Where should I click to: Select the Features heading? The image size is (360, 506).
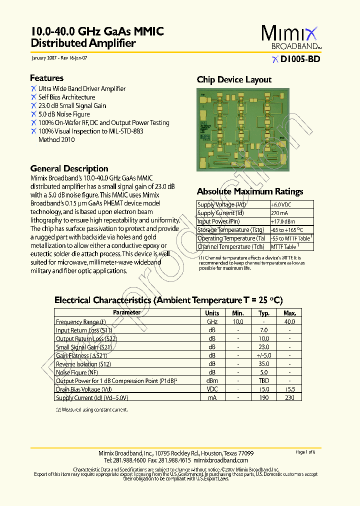[46, 78]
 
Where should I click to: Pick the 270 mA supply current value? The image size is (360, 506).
[279, 213]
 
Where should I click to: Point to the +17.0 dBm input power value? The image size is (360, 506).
[283, 221]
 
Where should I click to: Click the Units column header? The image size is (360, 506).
[212, 313]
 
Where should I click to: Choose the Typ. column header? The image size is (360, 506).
[264, 313]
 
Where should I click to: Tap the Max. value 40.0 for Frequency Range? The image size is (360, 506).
[290, 322]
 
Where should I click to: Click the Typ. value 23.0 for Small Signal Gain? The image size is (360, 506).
[264, 347]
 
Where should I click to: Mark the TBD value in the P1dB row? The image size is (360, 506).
[264, 381]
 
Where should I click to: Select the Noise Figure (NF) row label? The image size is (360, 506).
[77, 372]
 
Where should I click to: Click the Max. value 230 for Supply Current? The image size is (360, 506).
[290, 397]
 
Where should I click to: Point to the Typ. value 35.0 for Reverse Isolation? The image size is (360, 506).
[264, 364]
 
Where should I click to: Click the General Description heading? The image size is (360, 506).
[69, 168]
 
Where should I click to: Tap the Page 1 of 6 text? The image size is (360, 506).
[305, 452]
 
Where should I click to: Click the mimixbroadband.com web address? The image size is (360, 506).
[220, 460]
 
